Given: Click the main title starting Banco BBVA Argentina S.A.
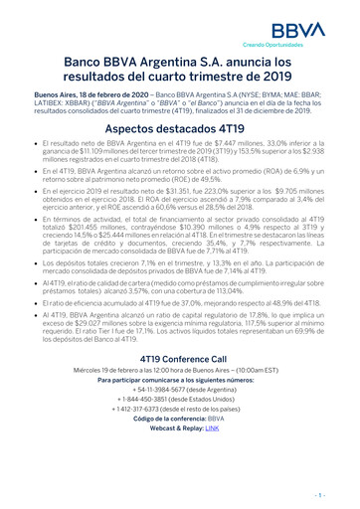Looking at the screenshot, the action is click(180, 73).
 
